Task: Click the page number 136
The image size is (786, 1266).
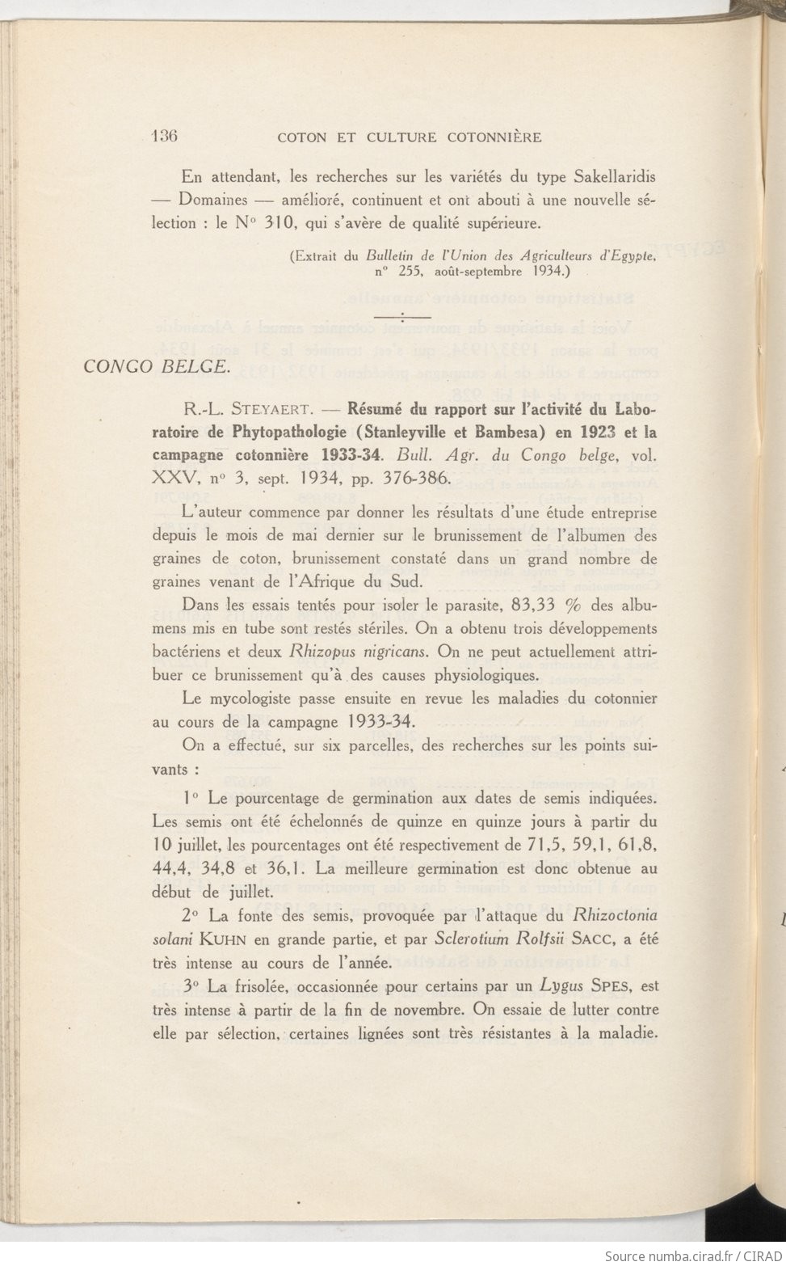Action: point(165,136)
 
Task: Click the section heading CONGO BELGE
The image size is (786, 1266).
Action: point(155,365)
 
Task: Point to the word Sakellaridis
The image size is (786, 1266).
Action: point(606,175)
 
